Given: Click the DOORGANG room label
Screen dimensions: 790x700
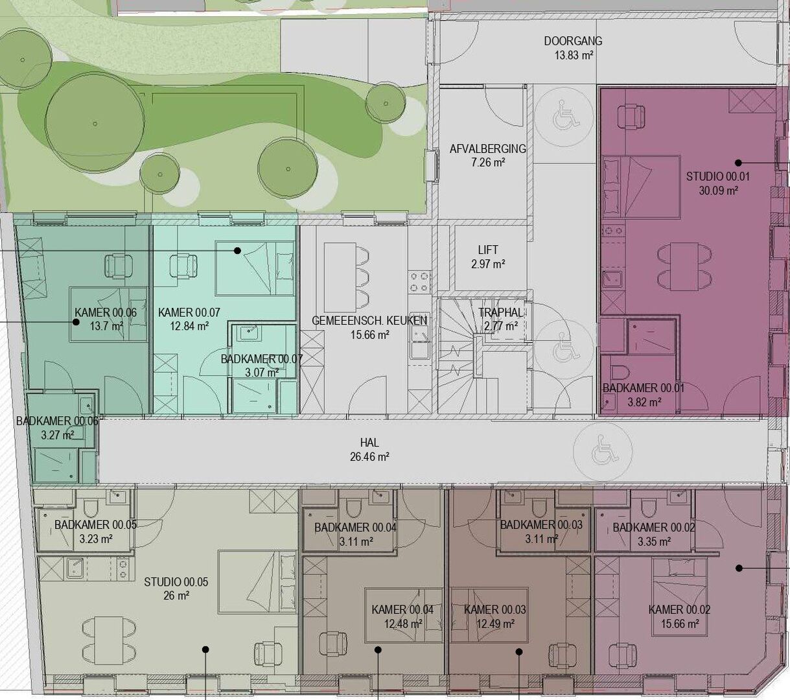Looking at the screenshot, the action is tap(573, 41).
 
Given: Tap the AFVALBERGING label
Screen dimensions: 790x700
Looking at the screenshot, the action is tap(487, 148).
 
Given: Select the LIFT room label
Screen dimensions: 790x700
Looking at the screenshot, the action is tap(488, 250).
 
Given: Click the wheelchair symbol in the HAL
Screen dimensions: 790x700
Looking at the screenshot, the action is tap(603, 451).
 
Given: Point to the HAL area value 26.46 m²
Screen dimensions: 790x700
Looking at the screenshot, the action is tap(369, 456).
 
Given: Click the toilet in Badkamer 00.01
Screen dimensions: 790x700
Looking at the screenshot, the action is tap(620, 371).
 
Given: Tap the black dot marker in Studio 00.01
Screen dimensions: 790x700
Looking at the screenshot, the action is tap(738, 163).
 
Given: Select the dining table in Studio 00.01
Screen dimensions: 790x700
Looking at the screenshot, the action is tap(684, 266).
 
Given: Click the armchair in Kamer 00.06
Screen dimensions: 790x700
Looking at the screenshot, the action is tap(118, 266).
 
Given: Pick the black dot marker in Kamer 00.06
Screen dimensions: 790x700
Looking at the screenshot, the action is tap(76, 321).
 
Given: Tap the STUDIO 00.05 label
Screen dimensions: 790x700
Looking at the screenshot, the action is tap(176, 582).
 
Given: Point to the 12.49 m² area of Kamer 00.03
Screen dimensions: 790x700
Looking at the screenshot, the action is tap(495, 624).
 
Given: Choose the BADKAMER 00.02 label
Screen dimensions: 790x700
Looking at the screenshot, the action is tap(653, 528).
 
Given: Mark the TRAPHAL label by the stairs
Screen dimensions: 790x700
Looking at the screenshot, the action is tap(501, 312).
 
